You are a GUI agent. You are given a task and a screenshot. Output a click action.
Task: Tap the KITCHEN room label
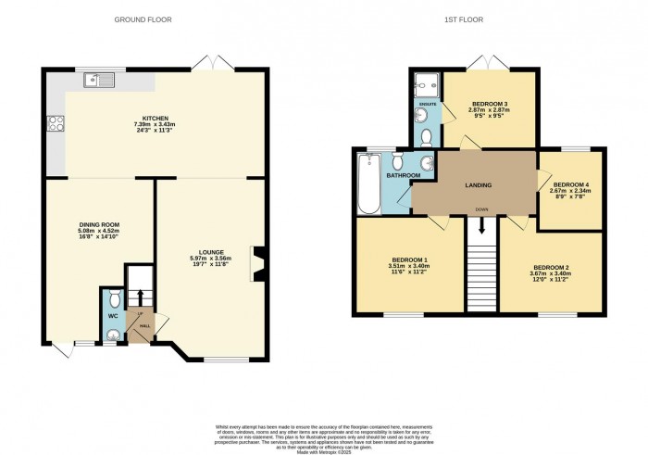(155, 120)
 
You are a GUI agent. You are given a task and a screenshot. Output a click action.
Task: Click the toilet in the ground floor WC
(112, 299)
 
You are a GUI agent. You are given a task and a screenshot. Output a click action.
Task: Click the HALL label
(144, 325)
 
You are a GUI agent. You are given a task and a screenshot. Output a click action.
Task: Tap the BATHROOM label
(404, 175)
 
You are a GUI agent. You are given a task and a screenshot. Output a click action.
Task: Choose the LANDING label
(479, 185)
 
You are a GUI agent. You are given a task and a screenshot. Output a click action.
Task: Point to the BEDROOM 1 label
(408, 259)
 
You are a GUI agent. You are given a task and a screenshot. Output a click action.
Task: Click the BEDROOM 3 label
(491, 103)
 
